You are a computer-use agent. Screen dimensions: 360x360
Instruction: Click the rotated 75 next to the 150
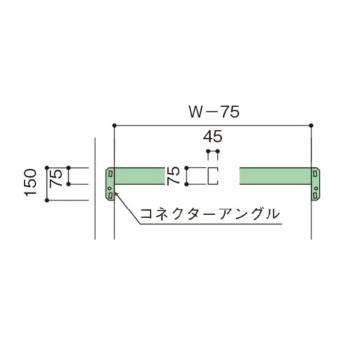coord(56,177)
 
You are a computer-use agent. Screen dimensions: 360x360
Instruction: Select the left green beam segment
coord(139,176)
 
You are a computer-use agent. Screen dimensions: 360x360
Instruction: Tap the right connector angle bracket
coord(315,184)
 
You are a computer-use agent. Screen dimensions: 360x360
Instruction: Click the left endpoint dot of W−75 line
coord(114,125)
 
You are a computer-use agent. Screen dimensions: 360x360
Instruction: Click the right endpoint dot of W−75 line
coord(311,125)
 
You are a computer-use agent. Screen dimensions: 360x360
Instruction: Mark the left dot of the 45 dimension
coord(208,152)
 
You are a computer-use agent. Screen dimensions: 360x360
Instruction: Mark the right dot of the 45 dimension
coord(218,152)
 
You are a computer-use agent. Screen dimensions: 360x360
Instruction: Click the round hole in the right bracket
coord(316,188)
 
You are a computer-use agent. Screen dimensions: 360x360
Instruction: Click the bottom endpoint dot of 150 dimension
coord(47,200)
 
